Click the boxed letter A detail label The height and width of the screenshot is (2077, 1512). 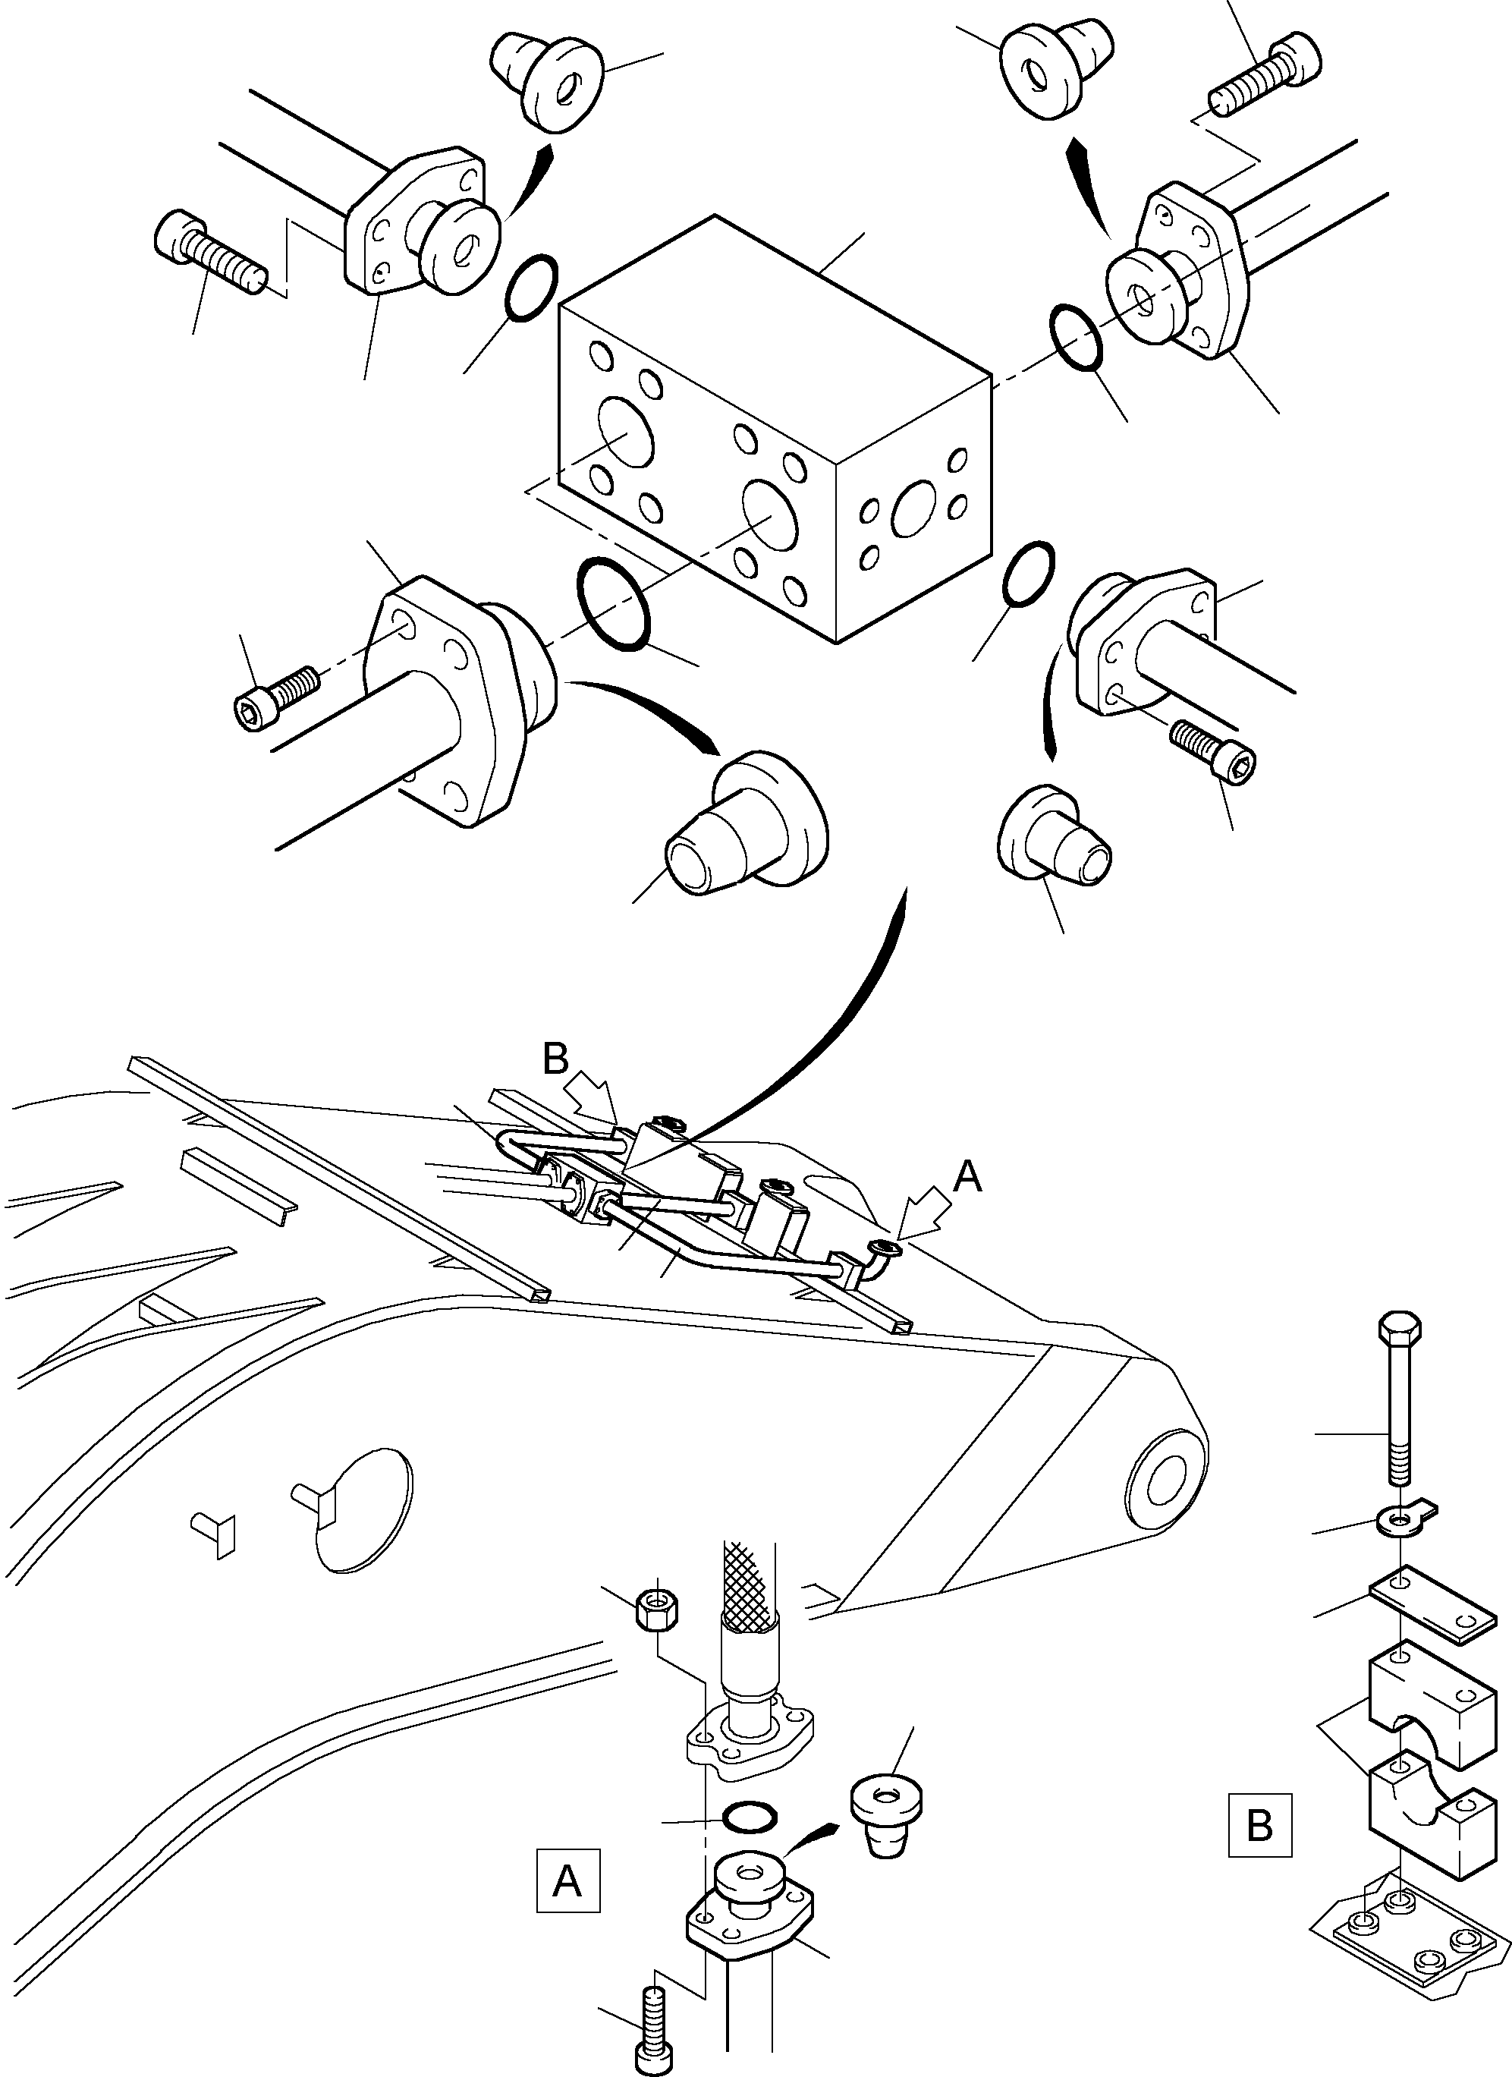[x=567, y=1880]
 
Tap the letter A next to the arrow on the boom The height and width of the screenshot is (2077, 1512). [x=967, y=1178]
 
